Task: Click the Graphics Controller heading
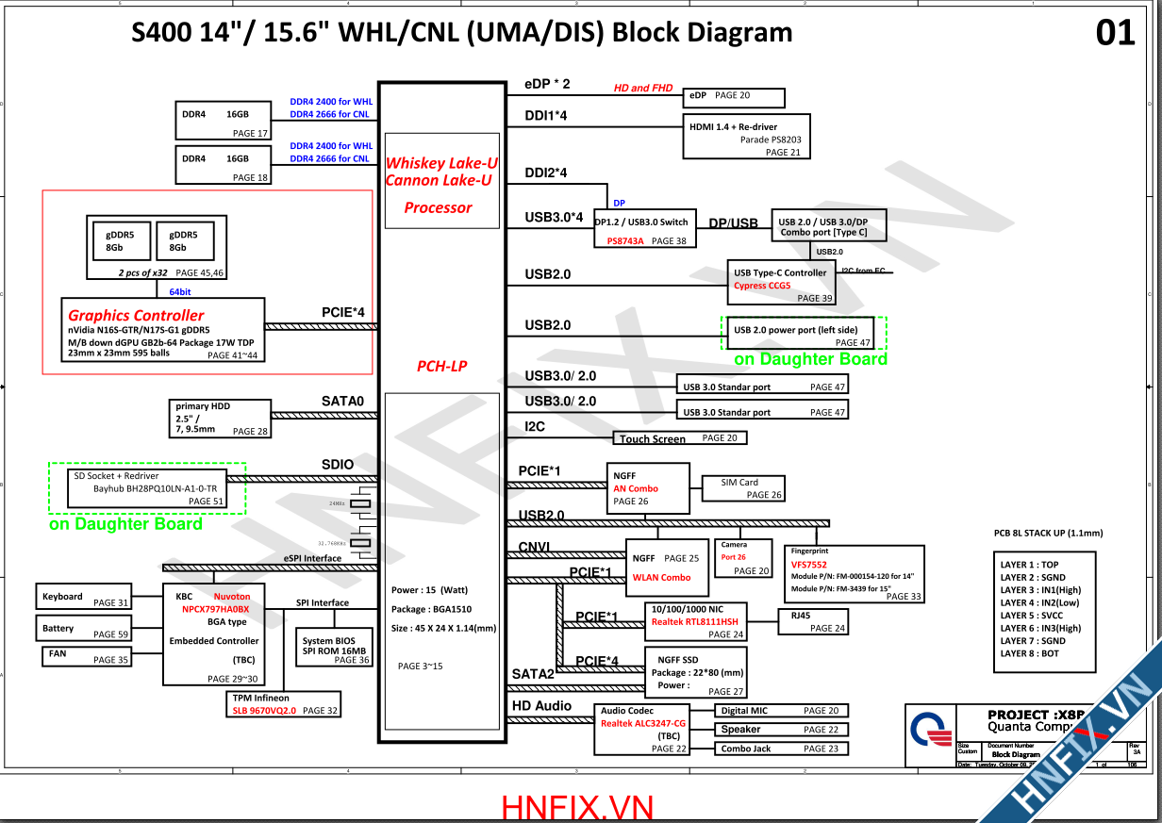[x=136, y=315]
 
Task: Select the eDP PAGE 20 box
[x=734, y=97]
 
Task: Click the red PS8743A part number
[x=624, y=241]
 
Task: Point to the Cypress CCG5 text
[x=762, y=286]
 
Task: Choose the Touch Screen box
[x=680, y=438]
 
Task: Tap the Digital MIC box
[x=782, y=711]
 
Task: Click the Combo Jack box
[x=782, y=749]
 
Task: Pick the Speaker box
[x=782, y=730]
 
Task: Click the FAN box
[x=84, y=656]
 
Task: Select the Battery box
[x=84, y=629]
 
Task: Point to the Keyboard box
[x=84, y=598]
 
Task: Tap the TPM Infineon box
[x=284, y=704]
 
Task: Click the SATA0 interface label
[x=342, y=402]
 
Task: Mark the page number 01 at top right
[x=1115, y=34]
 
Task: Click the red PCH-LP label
[x=441, y=366]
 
